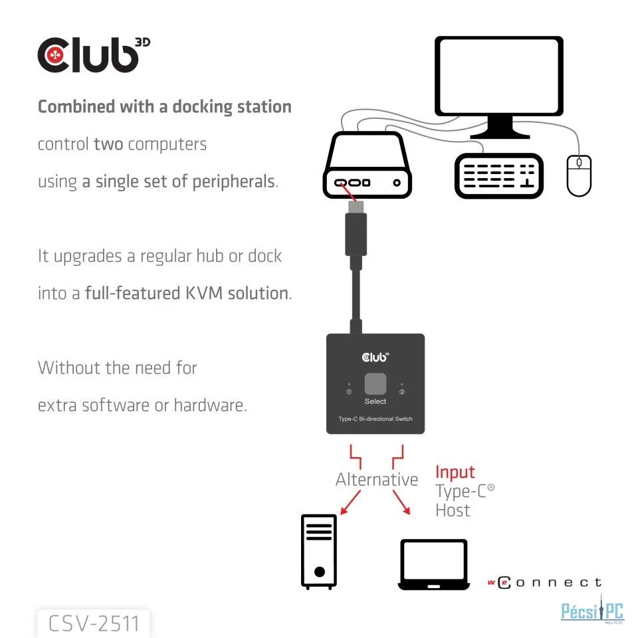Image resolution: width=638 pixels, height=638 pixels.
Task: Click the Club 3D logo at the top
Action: [94, 55]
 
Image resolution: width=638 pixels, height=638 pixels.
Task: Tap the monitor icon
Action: [498, 83]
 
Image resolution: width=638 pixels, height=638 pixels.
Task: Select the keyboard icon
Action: [498, 175]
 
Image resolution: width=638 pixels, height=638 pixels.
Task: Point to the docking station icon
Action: [367, 166]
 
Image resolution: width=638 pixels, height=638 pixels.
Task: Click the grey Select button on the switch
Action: [375, 385]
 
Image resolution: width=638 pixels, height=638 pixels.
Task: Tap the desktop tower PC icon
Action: [319, 551]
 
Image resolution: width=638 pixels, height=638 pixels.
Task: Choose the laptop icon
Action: [433, 564]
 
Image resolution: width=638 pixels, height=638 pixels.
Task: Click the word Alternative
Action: [377, 480]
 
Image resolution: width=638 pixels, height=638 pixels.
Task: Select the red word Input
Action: [455, 473]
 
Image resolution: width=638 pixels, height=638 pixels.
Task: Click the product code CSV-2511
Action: [94, 623]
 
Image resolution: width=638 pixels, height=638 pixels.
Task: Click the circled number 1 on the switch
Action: [349, 392]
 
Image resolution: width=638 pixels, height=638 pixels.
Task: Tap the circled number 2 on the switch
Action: [401, 392]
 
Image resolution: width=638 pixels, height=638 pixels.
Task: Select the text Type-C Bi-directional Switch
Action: [375, 419]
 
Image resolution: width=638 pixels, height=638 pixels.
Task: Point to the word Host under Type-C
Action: [453, 510]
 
